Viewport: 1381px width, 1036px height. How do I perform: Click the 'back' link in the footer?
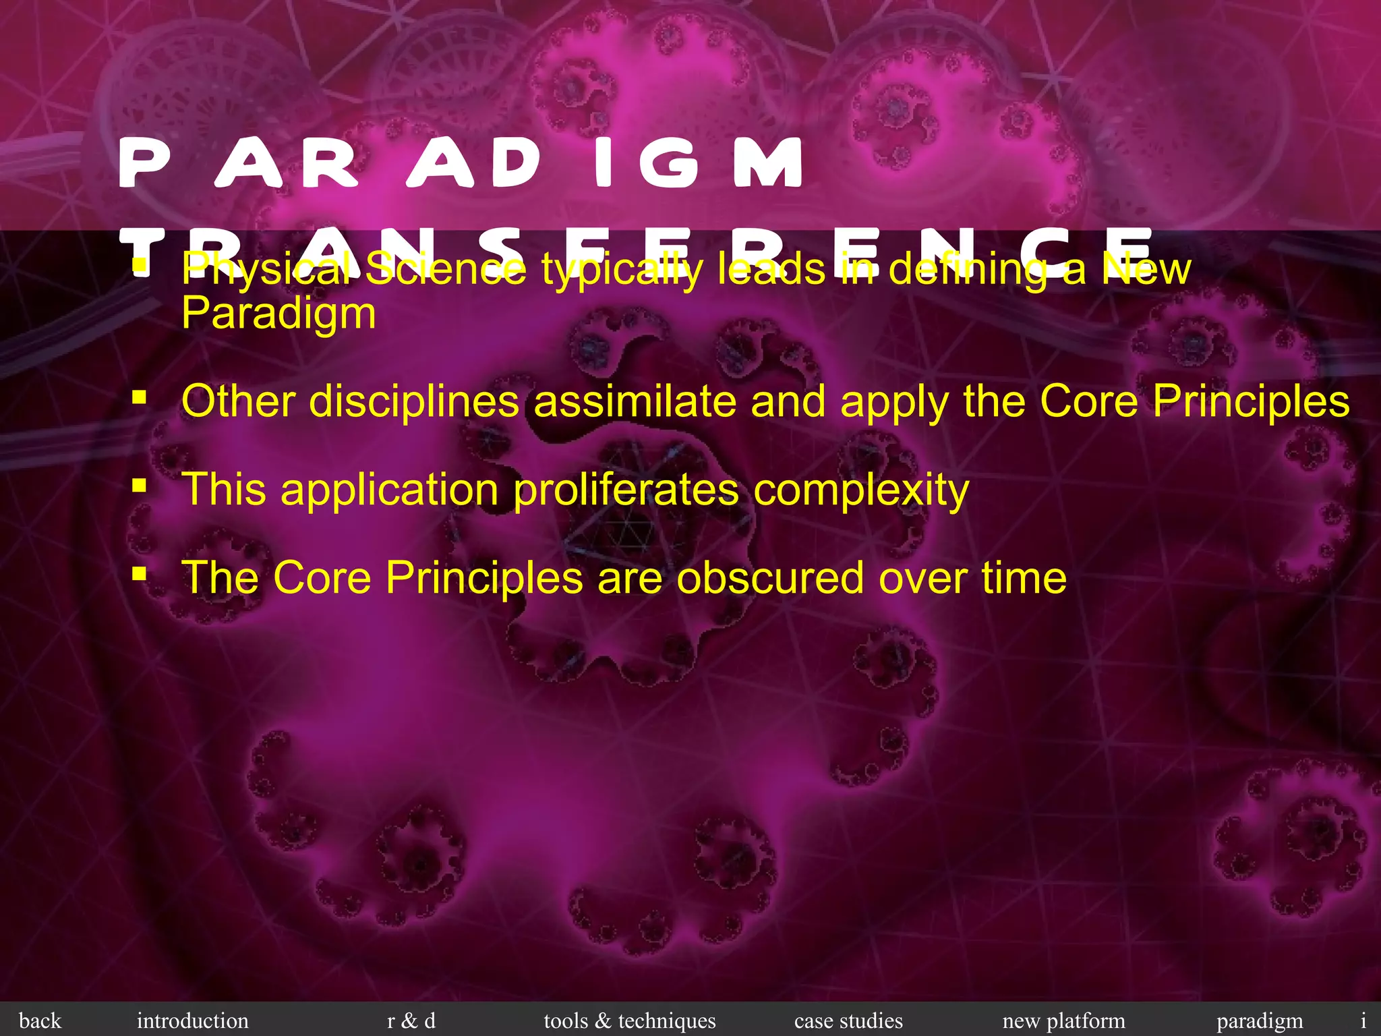pyautogui.click(x=40, y=1020)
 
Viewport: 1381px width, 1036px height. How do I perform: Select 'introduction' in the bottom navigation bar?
pyautogui.click(x=192, y=1020)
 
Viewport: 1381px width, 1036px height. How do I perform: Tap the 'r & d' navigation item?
pyautogui.click(x=411, y=1020)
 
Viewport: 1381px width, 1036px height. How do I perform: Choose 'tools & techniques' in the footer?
pyautogui.click(x=630, y=1020)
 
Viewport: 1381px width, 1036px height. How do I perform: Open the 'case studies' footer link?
pyautogui.click(x=848, y=1020)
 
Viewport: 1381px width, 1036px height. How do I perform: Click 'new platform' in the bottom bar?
pyautogui.click(x=1063, y=1020)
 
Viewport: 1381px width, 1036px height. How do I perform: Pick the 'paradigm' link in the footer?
pyautogui.click(x=1260, y=1020)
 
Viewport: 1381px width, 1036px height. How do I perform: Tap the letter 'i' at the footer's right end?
pyautogui.click(x=1363, y=1020)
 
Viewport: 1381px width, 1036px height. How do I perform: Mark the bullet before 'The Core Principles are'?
pyautogui.click(x=140, y=574)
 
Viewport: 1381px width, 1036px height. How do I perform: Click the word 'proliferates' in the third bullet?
pyautogui.click(x=626, y=490)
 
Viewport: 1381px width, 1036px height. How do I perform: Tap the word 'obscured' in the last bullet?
pyautogui.click(x=770, y=578)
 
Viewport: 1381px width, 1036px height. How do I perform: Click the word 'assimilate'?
pyautogui.click(x=634, y=402)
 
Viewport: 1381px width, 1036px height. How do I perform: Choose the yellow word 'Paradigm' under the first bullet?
pyautogui.click(x=278, y=314)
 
